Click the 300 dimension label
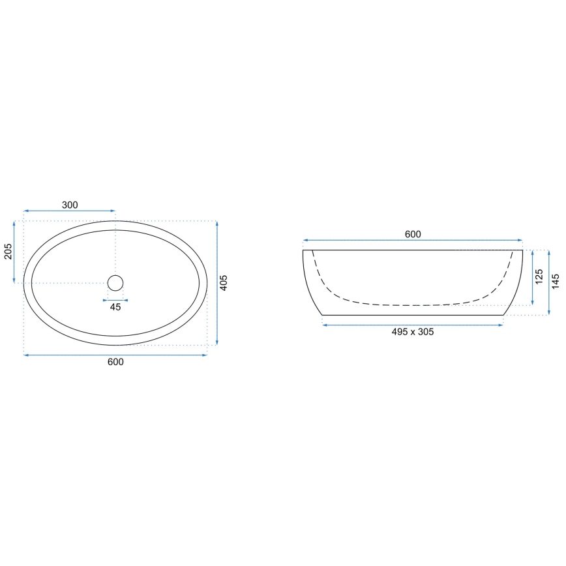tap(70, 205)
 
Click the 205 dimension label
tap(8, 251)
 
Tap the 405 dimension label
tap(224, 283)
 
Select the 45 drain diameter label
tap(115, 308)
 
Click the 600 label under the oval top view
tap(115, 362)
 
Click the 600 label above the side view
tap(413, 234)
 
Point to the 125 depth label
tap(539, 277)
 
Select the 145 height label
tap(556, 282)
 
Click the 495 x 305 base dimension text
tap(413, 331)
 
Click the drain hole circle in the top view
tap(115, 282)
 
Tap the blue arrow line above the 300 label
tap(70, 211)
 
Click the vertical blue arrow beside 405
tap(216, 283)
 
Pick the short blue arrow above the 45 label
tap(115, 300)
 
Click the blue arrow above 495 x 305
tap(413, 323)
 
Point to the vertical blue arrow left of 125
tap(532, 278)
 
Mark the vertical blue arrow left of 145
tap(548, 282)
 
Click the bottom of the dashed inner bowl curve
tap(413, 305)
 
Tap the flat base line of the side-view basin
tap(413, 315)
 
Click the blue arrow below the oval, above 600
tap(115, 355)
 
